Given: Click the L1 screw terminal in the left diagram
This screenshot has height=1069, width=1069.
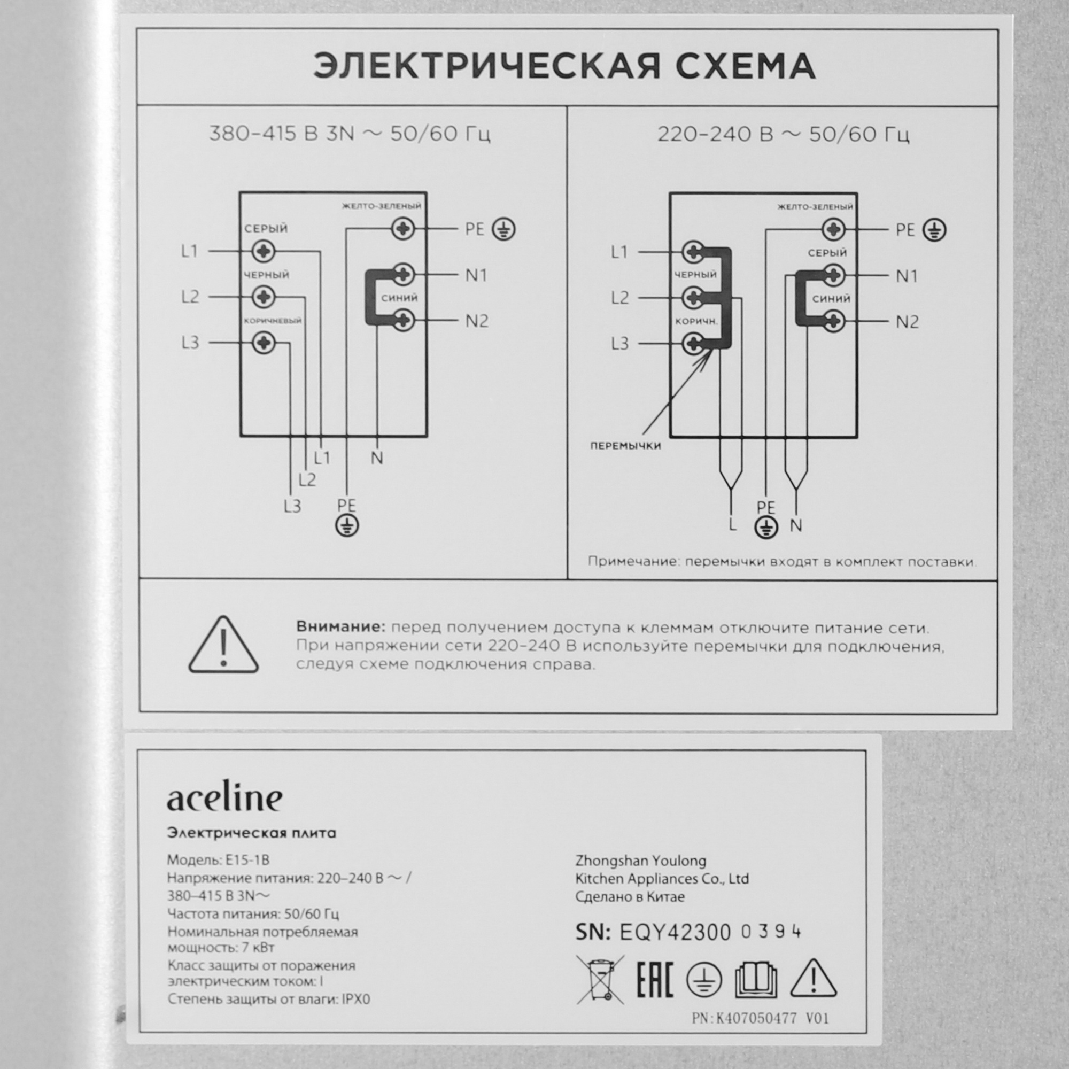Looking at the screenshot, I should (264, 252).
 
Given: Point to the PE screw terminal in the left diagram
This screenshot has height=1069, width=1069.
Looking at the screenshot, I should (403, 229).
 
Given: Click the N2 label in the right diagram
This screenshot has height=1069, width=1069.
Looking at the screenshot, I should (907, 322).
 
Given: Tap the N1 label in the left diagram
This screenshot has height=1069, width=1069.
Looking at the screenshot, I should (476, 275).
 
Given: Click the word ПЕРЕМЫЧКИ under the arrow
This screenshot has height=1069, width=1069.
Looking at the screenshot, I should (625, 446).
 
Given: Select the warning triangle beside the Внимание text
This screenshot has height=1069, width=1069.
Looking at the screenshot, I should (223, 646).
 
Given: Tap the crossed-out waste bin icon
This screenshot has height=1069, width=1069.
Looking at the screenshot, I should (600, 980).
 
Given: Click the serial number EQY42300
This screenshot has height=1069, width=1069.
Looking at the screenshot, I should (675, 932).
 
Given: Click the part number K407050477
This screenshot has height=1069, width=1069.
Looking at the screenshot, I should (756, 1018).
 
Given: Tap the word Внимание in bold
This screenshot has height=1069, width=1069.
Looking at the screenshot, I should (340, 628).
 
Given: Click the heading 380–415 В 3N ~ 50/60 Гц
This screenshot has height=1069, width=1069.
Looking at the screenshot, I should (350, 135).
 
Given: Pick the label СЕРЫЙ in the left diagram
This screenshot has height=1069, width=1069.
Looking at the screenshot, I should (266, 229).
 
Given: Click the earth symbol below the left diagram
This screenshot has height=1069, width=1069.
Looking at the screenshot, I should (347, 525).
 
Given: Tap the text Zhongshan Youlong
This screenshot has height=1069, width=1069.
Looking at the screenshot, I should (641, 861).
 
